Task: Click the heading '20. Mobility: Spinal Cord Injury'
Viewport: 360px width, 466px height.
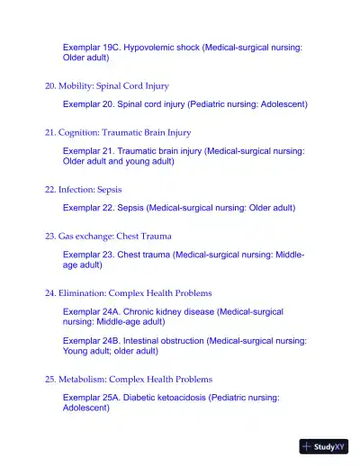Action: (107, 86)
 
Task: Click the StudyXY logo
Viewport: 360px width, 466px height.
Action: (324, 446)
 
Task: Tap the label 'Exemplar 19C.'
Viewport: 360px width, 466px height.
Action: (91, 46)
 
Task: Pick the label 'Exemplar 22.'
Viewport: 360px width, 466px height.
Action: (86, 208)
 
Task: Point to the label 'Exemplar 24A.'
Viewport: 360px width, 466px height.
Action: (91, 311)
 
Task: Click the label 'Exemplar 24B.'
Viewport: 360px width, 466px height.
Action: (91, 341)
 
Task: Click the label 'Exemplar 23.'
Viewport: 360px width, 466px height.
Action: (86, 255)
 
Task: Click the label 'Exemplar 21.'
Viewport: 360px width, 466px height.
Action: (86, 151)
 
